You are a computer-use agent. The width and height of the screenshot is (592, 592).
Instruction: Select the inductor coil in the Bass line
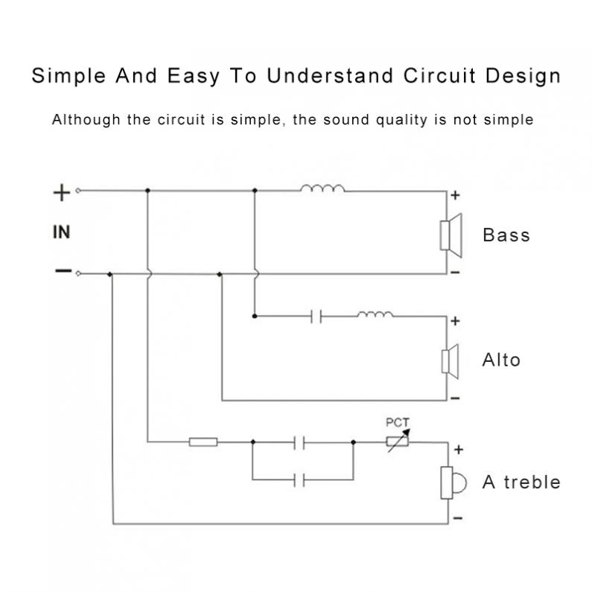coord(322,188)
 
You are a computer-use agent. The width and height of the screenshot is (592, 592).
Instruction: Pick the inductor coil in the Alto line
coord(375,314)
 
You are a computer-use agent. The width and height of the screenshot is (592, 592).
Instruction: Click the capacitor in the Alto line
coord(316,316)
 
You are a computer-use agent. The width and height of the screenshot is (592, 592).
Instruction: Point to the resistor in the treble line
coord(203,442)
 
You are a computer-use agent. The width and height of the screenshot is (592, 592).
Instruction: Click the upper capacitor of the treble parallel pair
coord(300,442)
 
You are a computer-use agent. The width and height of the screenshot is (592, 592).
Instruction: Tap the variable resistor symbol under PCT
coord(397,441)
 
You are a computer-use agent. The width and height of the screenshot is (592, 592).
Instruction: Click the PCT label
coord(397,422)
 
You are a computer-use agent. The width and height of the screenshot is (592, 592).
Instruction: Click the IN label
coord(62,232)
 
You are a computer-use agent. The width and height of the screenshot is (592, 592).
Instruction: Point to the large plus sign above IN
coord(62,194)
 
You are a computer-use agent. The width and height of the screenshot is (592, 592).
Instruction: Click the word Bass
coord(506,235)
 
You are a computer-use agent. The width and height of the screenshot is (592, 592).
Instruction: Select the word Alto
coord(501,360)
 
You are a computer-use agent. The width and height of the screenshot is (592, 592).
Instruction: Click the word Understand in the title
coord(331,76)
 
